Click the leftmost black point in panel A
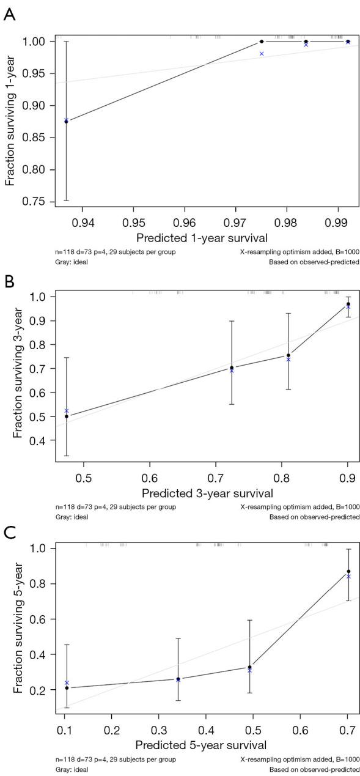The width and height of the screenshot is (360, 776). [66, 122]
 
